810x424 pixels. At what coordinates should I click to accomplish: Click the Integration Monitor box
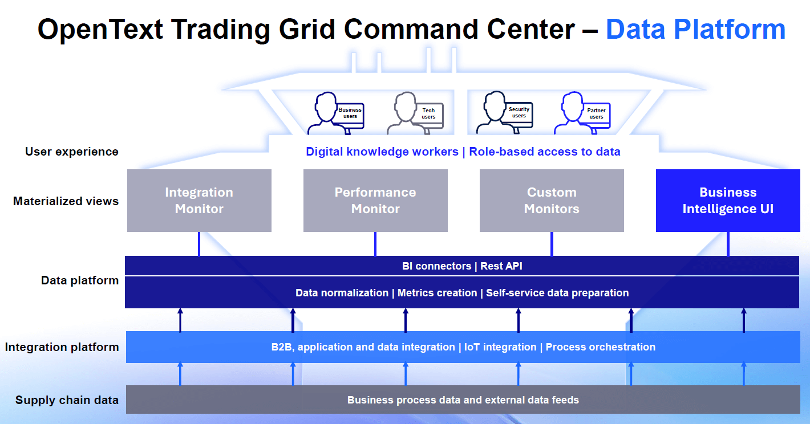(x=199, y=201)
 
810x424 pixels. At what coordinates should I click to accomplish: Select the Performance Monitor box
(x=375, y=201)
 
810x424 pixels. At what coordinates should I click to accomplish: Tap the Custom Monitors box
(x=552, y=201)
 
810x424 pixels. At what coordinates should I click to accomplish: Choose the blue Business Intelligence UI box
(x=728, y=201)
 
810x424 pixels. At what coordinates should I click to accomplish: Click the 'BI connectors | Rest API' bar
(x=462, y=266)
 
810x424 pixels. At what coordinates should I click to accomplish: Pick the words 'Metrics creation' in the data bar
(x=437, y=293)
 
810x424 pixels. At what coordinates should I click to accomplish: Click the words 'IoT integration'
(x=500, y=347)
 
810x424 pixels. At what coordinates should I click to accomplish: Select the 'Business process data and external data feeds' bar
(x=463, y=400)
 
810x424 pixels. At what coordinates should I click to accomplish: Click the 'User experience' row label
(x=72, y=152)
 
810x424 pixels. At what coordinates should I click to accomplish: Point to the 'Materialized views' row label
(x=66, y=201)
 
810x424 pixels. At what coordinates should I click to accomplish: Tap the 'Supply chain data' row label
(x=67, y=400)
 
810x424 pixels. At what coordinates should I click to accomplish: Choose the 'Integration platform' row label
(x=62, y=347)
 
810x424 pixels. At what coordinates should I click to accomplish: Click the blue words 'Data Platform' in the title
(x=695, y=29)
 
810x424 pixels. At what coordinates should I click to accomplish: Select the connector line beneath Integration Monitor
(x=199, y=244)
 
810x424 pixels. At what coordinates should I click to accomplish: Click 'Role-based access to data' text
(x=545, y=152)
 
